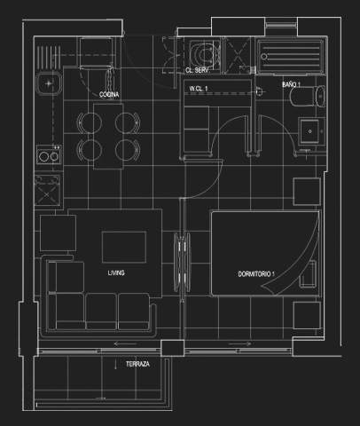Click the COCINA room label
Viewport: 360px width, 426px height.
tap(109, 94)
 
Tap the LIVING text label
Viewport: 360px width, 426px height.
tap(116, 272)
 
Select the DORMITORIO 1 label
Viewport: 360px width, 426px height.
tap(256, 274)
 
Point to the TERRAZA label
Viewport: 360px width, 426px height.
tap(137, 364)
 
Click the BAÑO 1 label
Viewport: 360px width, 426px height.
tap(291, 84)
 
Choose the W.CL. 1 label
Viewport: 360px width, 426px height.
tap(199, 89)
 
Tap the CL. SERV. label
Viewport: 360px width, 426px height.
tap(198, 70)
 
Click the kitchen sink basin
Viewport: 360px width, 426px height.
tap(49, 83)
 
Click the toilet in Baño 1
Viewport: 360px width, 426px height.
tap(308, 96)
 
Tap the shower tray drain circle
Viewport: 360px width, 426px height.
tap(264, 56)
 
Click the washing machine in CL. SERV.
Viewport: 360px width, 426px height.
tap(205, 55)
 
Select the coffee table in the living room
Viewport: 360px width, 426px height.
tap(124, 248)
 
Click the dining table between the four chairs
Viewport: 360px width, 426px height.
tap(108, 137)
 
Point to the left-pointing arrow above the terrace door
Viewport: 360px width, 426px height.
tap(125, 343)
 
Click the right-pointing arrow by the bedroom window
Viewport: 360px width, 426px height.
tap(239, 343)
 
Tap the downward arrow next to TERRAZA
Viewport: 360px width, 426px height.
tap(115, 365)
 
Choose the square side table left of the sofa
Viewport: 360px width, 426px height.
tap(58, 233)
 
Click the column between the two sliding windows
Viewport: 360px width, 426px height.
tap(173, 348)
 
